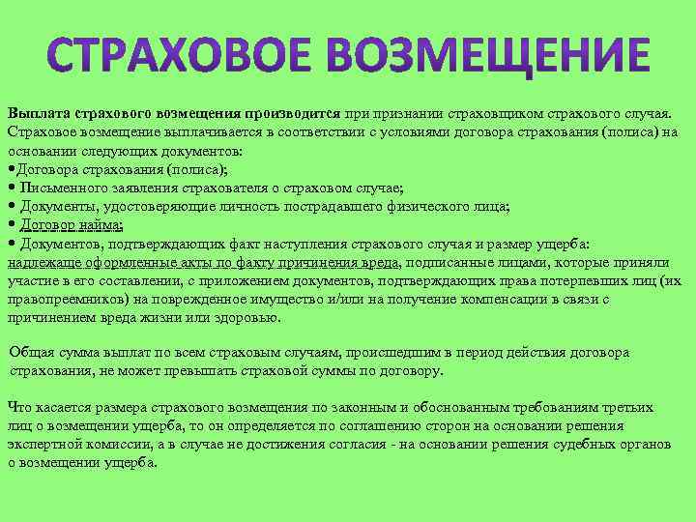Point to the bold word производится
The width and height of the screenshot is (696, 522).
click(x=299, y=114)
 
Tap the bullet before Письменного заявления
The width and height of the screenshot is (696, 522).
click(x=11, y=188)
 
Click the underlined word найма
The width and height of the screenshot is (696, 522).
click(x=98, y=225)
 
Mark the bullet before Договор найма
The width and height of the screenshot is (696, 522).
click(x=11, y=225)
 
